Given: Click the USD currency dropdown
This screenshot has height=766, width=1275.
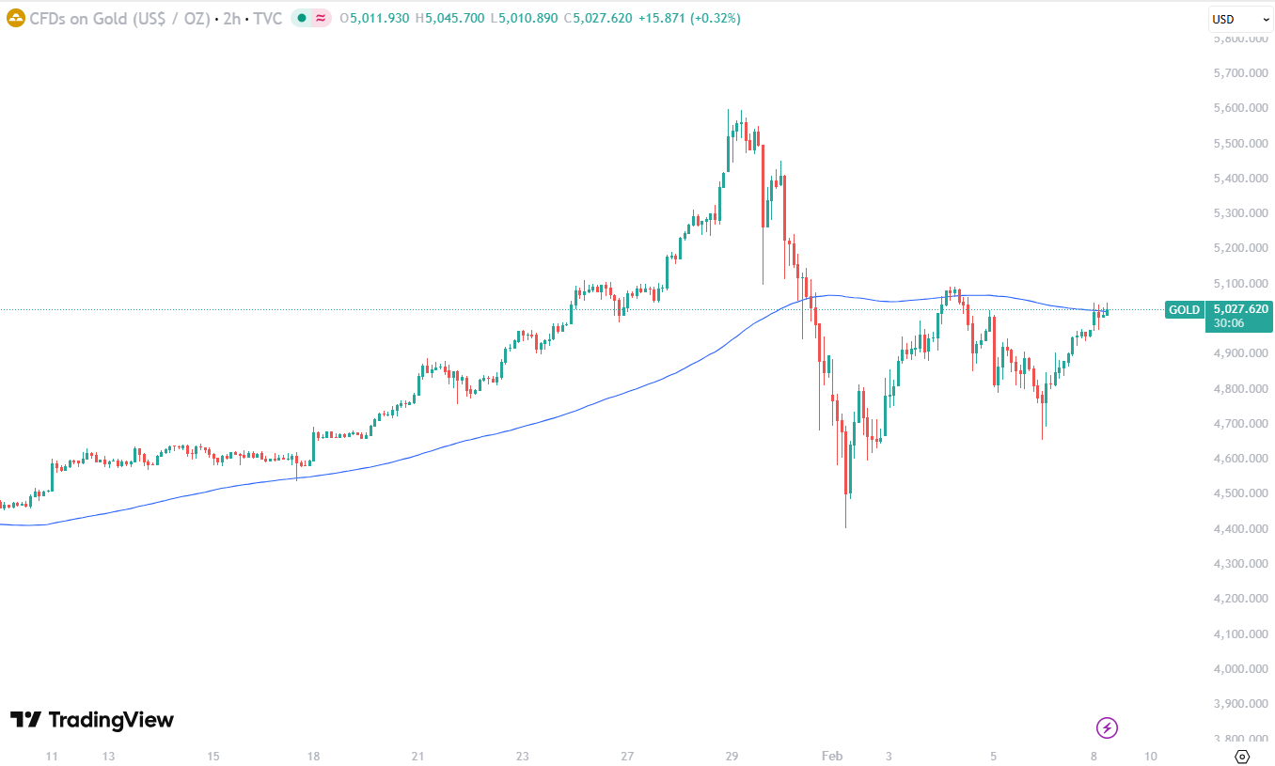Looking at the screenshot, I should coord(1239,19).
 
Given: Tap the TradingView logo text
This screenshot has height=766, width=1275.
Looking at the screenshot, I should coord(92,720).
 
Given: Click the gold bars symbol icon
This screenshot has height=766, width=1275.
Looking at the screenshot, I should coord(14,18).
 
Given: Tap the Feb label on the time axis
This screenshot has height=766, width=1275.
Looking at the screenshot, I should coord(832,756).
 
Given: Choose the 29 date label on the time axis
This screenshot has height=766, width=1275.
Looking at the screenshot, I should coord(732,756).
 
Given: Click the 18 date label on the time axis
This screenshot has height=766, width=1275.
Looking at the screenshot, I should coord(313,756).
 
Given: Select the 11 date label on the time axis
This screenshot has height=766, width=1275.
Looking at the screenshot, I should coord(52,756).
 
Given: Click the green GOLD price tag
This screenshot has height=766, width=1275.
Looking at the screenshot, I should coord(1184,309).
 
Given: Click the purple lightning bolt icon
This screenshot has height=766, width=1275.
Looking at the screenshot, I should coord(1108,727).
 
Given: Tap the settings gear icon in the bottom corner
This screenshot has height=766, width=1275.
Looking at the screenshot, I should coord(1241,756).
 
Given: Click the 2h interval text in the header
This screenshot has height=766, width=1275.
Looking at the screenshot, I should coord(230,18).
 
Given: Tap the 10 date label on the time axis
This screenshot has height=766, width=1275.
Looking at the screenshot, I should coord(1151,756).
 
